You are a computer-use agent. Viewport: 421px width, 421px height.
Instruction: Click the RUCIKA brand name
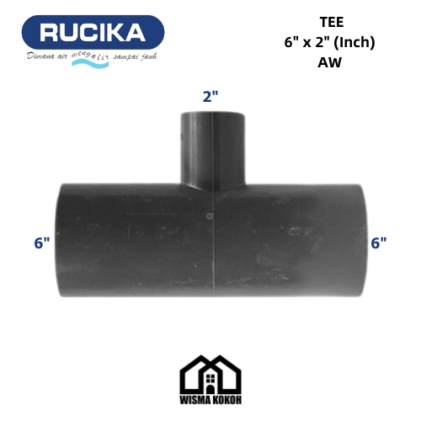pos(93,34)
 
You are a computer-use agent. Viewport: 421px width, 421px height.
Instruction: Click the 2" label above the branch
pos(210,96)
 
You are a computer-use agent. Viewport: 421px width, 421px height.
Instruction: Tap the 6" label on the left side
pos(42,242)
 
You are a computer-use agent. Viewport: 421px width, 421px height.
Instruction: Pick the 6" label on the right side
pos(379,242)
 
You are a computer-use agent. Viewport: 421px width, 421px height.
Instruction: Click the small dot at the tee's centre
pos(208,217)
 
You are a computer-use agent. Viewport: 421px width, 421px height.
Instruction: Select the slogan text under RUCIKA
pos(93,56)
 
